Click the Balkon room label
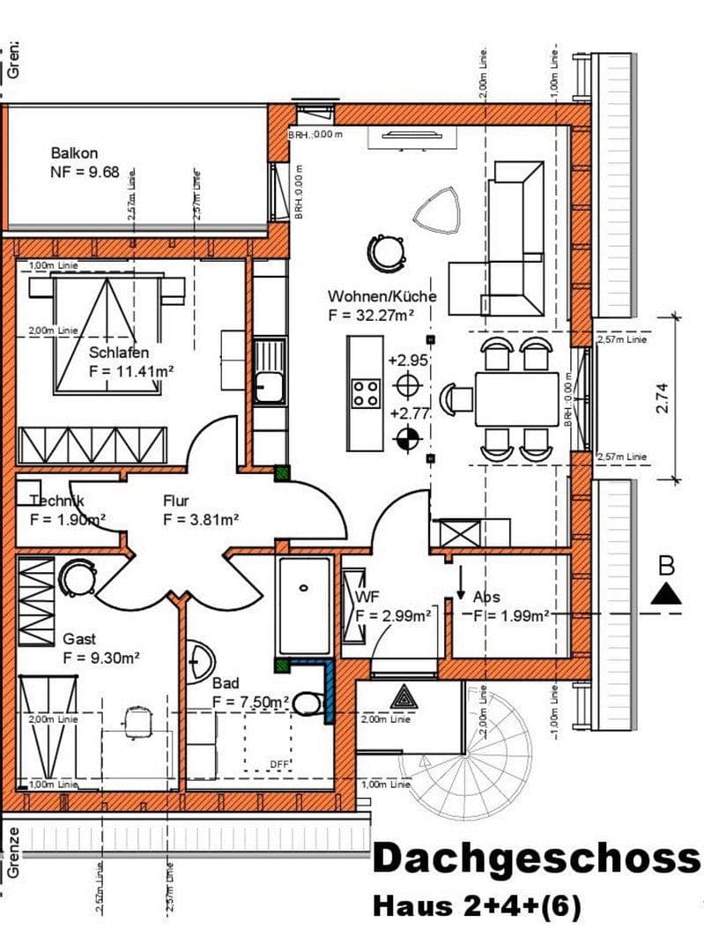pyautogui.click(x=74, y=152)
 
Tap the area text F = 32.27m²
pyautogui.click(x=370, y=314)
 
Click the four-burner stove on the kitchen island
pyautogui.click(x=366, y=392)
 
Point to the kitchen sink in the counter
pyautogui.click(x=269, y=384)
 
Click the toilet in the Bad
pyautogui.click(x=308, y=703)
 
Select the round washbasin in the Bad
pyautogui.click(x=202, y=659)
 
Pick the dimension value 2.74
pyautogui.click(x=663, y=398)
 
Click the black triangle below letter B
pyautogui.click(x=666, y=595)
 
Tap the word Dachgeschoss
pyautogui.click(x=536, y=859)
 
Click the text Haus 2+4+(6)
pyautogui.click(x=477, y=906)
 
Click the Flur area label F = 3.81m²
pyautogui.click(x=202, y=520)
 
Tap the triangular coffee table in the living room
pyautogui.click(x=438, y=211)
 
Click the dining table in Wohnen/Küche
pyautogui.click(x=516, y=399)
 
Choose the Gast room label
pyautogui.click(x=79, y=638)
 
